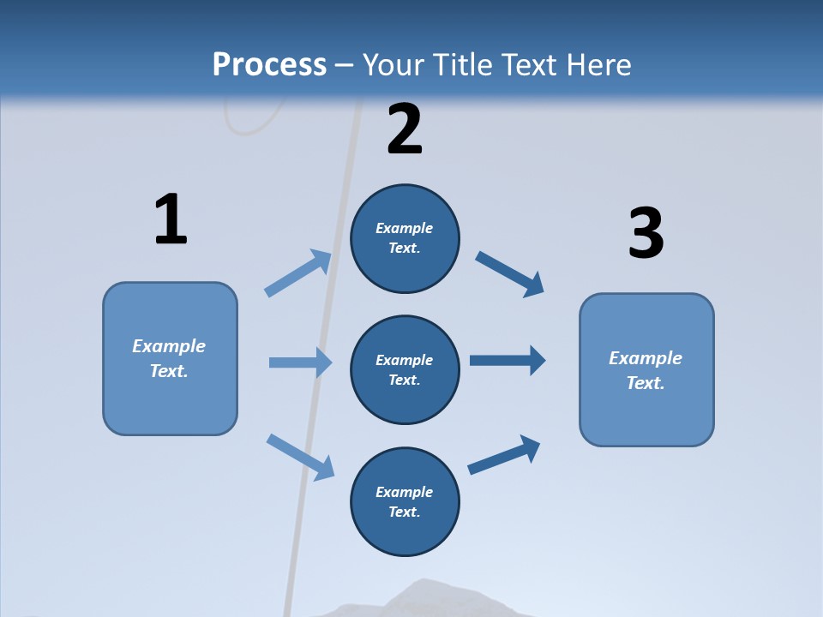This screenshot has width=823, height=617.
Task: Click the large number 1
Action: (171, 219)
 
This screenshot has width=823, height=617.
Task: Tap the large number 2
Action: (405, 129)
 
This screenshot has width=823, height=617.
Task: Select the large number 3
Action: (646, 233)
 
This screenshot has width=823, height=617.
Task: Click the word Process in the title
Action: (269, 64)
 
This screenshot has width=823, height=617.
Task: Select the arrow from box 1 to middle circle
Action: (300, 362)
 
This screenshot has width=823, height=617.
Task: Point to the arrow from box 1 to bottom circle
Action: (300, 456)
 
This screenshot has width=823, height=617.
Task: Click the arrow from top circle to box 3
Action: (509, 273)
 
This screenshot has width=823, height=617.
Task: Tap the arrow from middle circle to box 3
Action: (508, 360)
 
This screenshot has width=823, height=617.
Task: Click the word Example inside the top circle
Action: (405, 228)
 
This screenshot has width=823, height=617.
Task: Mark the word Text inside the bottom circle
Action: (403, 512)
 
